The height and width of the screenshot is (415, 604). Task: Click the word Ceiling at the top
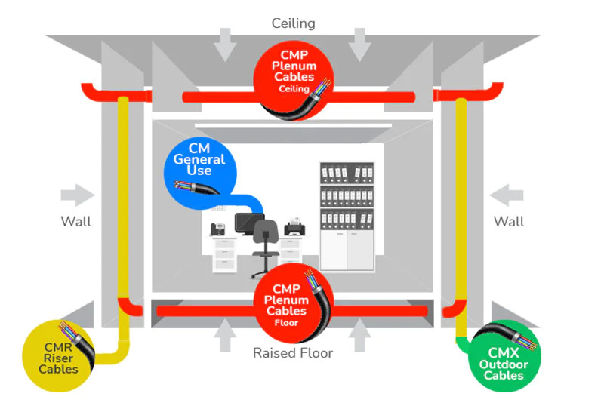(293, 23)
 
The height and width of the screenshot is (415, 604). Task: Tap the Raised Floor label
(292, 352)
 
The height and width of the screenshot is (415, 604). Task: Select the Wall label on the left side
(75, 221)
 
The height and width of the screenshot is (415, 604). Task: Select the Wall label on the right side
(508, 221)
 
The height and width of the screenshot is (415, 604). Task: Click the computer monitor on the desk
(249, 223)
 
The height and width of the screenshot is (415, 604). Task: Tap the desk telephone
(217, 228)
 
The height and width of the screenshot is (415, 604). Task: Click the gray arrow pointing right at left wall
(78, 196)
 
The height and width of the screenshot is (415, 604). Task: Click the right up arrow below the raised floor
(360, 334)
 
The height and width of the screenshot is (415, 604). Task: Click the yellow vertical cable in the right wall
(460, 204)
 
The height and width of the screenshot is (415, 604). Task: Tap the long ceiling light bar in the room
(293, 125)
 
